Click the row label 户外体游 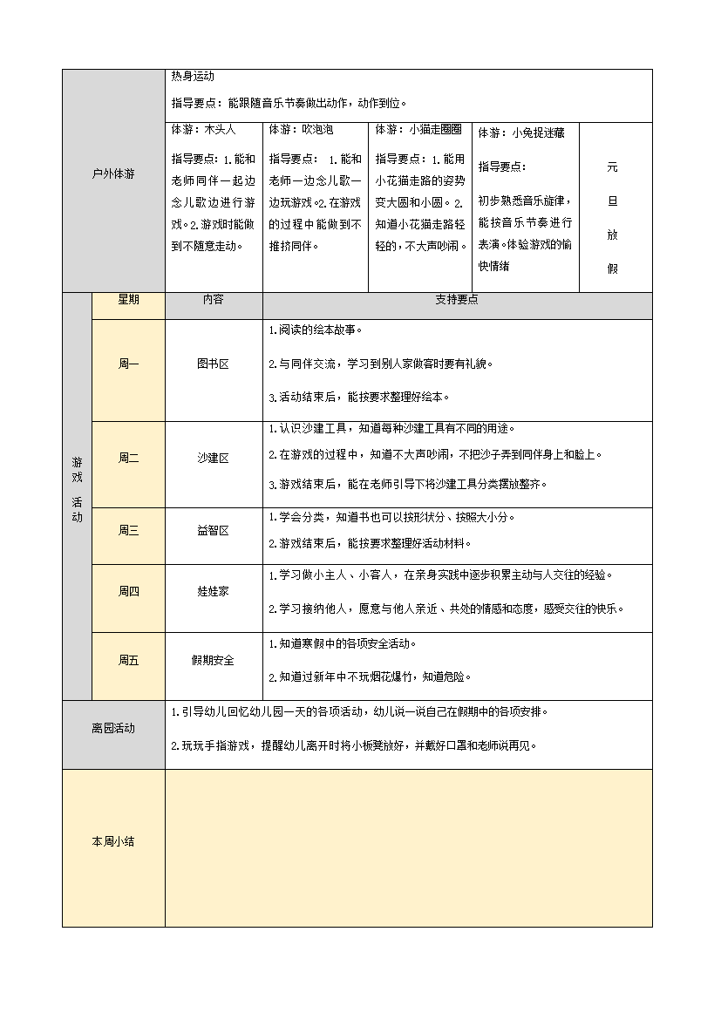click(x=113, y=174)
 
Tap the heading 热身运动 click(x=187, y=77)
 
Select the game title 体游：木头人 click(x=204, y=130)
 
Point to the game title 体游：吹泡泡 click(x=302, y=130)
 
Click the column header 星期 click(x=128, y=300)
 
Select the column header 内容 click(x=213, y=300)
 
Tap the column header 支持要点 click(x=457, y=300)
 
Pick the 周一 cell click(x=128, y=364)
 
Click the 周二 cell click(x=128, y=459)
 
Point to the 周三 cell click(x=128, y=530)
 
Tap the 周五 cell click(x=128, y=661)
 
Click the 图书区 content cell click(x=213, y=364)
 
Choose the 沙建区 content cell click(x=213, y=459)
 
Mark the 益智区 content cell click(x=213, y=530)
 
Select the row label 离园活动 click(x=113, y=729)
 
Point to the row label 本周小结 click(x=113, y=842)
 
